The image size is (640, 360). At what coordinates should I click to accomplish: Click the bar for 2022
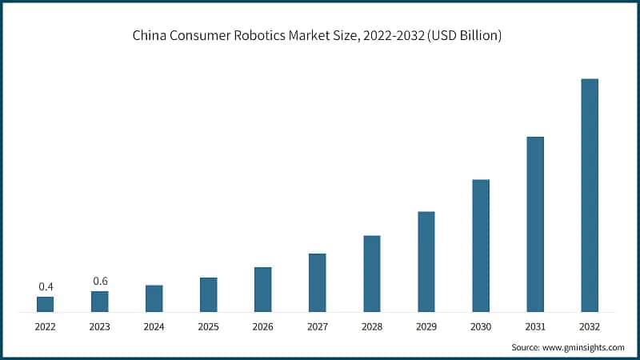pyautogui.click(x=46, y=304)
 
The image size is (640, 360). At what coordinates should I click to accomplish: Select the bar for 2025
pyautogui.click(x=209, y=294)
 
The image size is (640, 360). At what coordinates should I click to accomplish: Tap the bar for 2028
pyautogui.click(x=372, y=274)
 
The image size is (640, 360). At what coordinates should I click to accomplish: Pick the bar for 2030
pyautogui.click(x=481, y=246)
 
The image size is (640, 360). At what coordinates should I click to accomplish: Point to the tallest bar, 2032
pyautogui.click(x=590, y=195)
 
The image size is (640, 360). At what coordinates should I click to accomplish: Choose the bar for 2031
pyautogui.click(x=535, y=224)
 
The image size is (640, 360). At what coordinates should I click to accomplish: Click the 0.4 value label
pyautogui.click(x=46, y=286)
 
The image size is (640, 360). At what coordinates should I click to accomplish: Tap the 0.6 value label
pyautogui.click(x=100, y=281)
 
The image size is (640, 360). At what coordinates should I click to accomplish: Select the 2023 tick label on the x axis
pyautogui.click(x=100, y=326)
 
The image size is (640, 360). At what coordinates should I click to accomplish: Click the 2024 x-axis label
pyautogui.click(x=154, y=326)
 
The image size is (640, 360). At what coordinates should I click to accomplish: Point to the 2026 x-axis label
pyautogui.click(x=263, y=326)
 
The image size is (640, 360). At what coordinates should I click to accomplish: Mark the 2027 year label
pyautogui.click(x=318, y=326)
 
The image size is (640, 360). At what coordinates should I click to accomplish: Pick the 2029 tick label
pyautogui.click(x=426, y=326)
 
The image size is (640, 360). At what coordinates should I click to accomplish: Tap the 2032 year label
pyautogui.click(x=590, y=326)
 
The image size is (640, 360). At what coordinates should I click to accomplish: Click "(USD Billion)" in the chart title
pyautogui.click(x=465, y=36)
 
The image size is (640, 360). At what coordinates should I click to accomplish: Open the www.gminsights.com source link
pyautogui.click(x=584, y=347)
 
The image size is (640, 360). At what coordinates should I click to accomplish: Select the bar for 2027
pyautogui.click(x=318, y=282)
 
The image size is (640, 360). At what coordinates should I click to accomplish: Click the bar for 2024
pyautogui.click(x=154, y=298)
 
